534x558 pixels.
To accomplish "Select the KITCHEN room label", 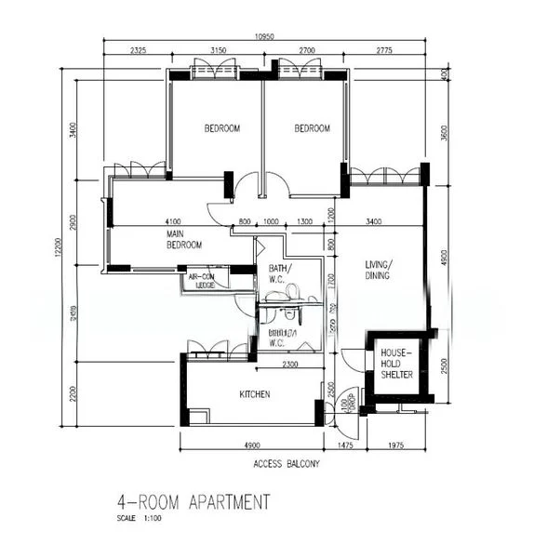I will point(255,394).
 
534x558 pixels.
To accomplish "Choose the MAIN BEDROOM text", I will point(184,239).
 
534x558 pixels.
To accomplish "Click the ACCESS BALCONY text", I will point(286,462).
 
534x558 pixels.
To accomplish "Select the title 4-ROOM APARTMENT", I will point(193,502).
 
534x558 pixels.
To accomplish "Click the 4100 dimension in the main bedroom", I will point(175,222).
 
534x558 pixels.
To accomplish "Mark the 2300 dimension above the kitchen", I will point(290,364).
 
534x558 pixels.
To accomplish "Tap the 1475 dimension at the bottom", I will point(344,446).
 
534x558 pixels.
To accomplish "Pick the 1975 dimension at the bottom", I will point(400,446).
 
